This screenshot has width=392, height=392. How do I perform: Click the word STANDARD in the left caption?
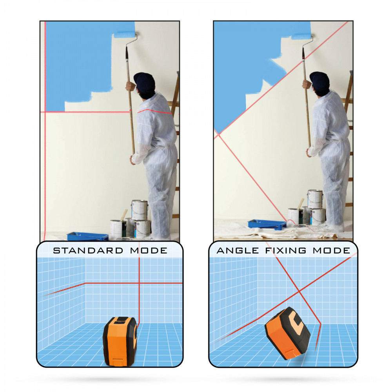[88, 250]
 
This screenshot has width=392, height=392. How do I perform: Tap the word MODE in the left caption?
[149, 250]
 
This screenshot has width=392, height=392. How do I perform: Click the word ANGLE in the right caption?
[238, 250]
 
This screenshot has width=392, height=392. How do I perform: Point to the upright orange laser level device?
[120, 341]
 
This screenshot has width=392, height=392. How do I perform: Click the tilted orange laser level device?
[288, 333]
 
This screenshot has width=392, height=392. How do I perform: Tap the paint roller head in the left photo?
[125, 34]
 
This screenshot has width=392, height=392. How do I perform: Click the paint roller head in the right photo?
[301, 36]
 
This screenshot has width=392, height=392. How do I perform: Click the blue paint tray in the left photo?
[88, 236]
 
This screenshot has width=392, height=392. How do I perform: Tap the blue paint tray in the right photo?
[267, 224]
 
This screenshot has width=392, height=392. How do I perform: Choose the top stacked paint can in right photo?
[315, 199]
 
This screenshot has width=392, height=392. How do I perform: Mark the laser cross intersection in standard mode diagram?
[139, 283]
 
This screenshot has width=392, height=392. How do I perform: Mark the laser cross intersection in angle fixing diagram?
[299, 292]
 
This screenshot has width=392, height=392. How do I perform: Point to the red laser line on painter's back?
[154, 111]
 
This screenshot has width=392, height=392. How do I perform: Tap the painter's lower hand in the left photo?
[133, 160]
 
